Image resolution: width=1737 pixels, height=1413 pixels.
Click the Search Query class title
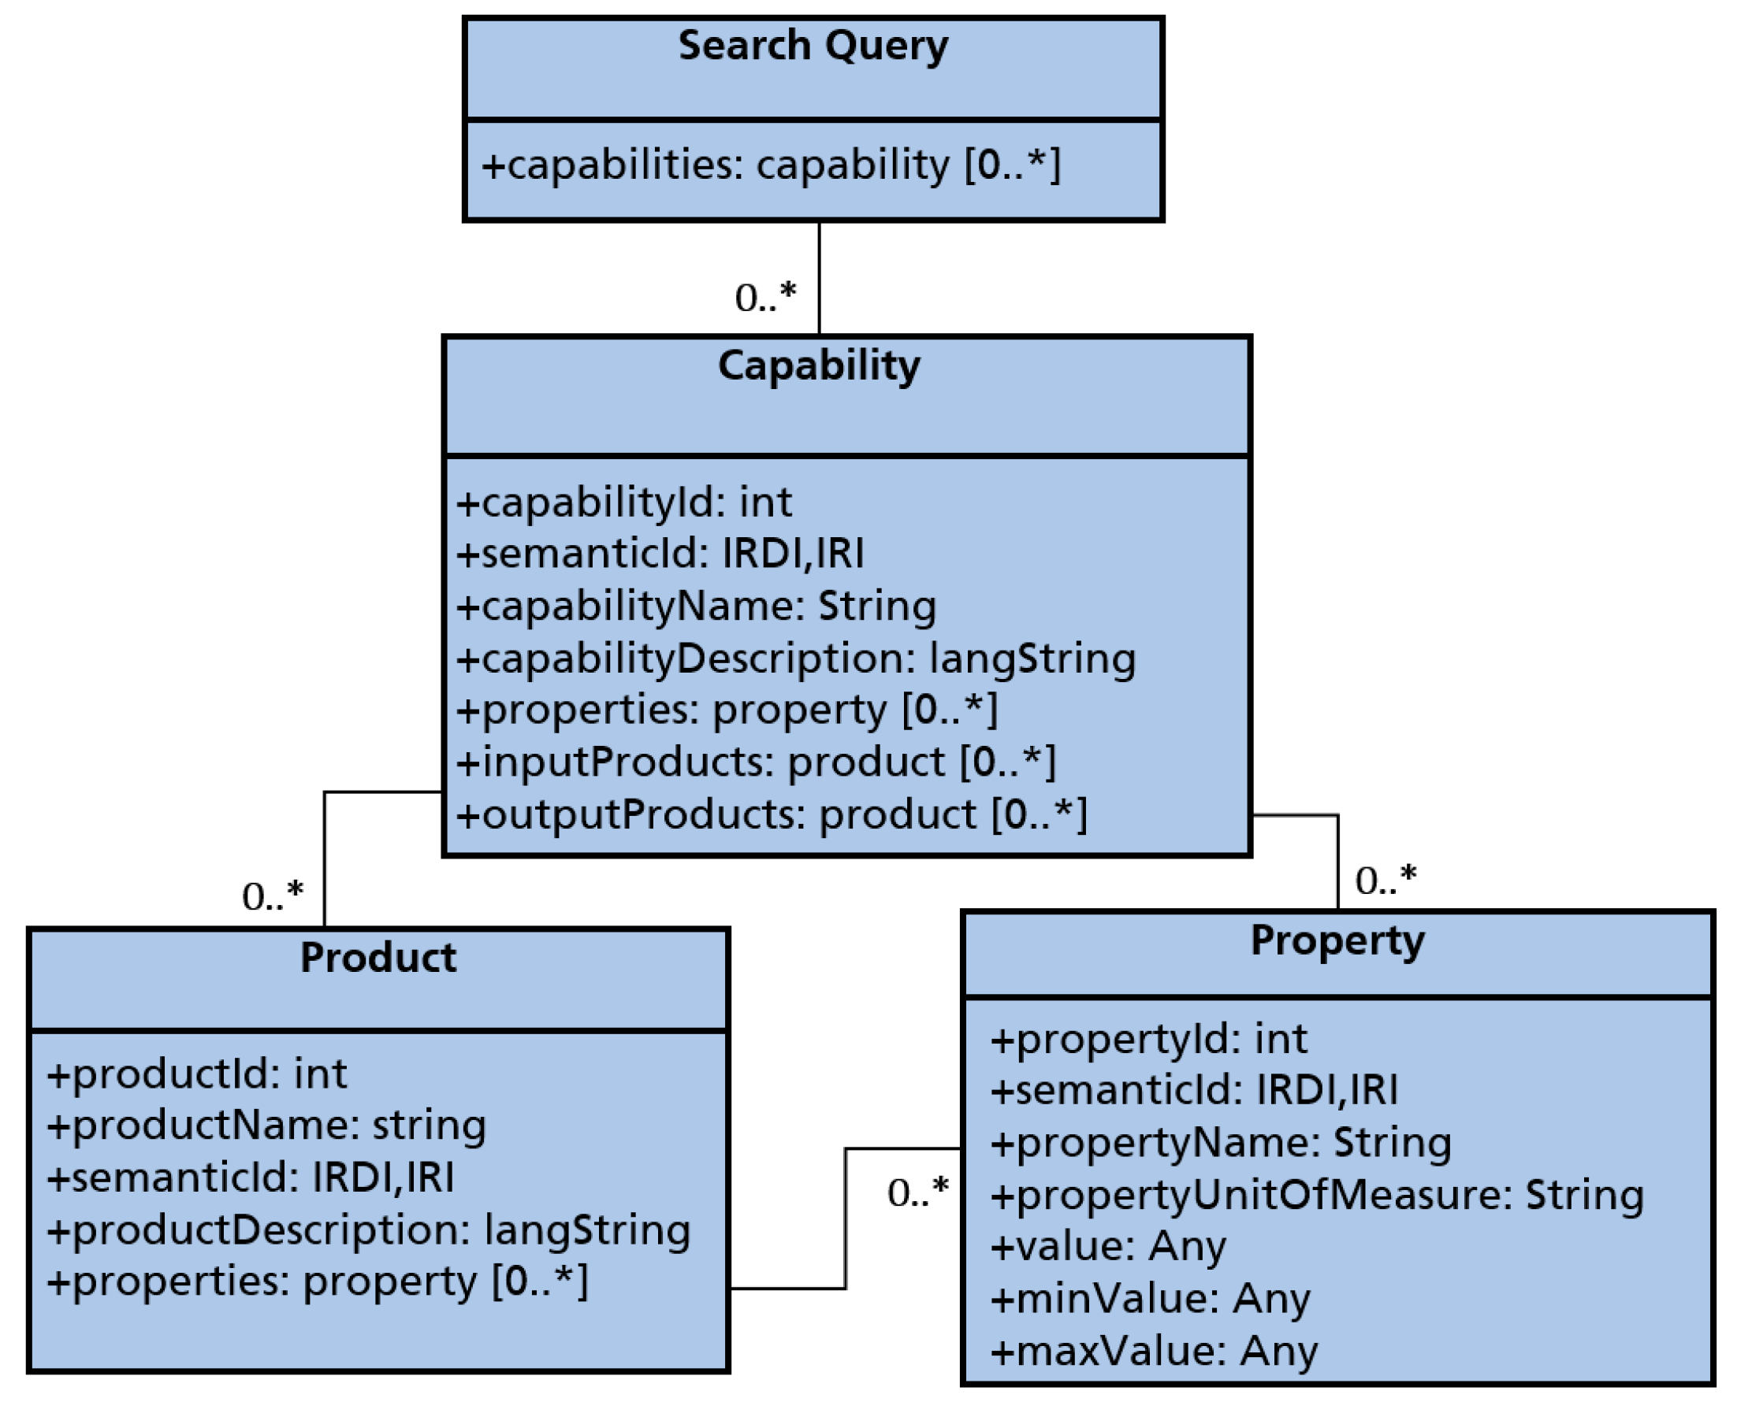click(x=813, y=46)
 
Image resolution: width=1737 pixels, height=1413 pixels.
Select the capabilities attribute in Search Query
click(x=770, y=165)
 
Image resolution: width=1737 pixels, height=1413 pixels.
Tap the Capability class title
click(x=818, y=365)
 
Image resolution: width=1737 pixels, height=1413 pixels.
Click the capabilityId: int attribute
click(x=623, y=503)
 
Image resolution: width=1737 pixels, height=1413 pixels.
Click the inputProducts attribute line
click(x=755, y=762)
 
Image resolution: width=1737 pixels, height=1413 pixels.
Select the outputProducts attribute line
click(x=770, y=814)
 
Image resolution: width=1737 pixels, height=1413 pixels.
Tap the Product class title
click(x=378, y=958)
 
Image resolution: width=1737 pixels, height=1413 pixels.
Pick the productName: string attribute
click(x=266, y=1126)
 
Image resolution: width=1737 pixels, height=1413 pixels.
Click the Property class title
click(x=1337, y=941)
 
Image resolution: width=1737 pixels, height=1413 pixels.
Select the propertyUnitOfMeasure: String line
click(x=1317, y=1195)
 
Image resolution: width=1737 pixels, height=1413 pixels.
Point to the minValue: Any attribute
click(x=1150, y=1299)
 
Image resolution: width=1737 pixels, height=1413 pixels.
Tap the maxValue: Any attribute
click(x=1153, y=1352)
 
